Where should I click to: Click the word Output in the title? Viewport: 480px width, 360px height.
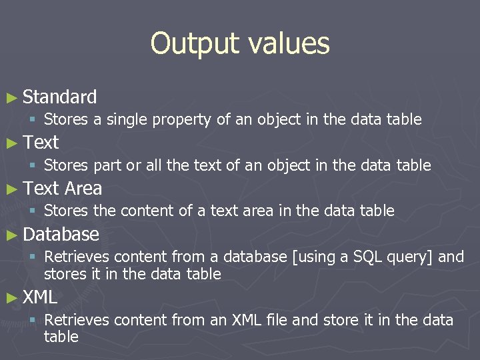coord(196,44)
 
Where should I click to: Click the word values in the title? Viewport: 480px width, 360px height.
coord(289,44)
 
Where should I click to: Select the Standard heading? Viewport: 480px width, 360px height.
coord(59,97)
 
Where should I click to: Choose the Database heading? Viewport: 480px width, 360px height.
coord(61,235)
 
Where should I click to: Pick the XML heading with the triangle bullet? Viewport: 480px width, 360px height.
coord(40,297)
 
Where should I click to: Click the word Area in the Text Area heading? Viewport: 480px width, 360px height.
coord(83,189)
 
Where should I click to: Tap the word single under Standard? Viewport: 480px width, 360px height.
coord(127,120)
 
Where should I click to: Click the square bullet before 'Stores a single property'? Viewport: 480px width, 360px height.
coord(32,121)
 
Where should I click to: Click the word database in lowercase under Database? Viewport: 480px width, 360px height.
coord(254,257)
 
